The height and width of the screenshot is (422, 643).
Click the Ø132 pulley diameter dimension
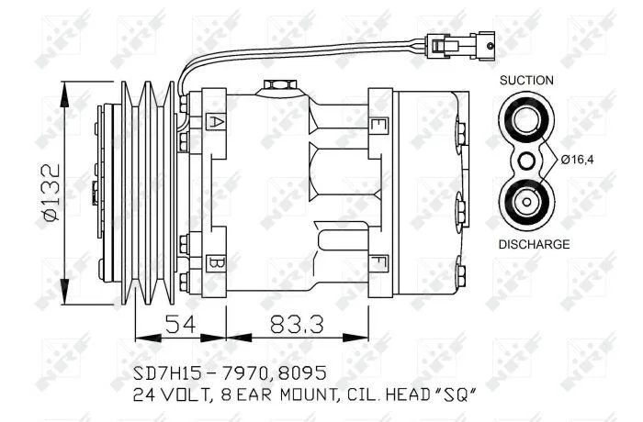pyautogui.click(x=52, y=193)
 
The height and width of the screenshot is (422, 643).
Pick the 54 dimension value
pyautogui.click(x=180, y=325)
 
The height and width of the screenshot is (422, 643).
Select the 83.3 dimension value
pyautogui.click(x=297, y=325)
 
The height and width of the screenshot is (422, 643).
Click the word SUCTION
pyautogui.click(x=526, y=81)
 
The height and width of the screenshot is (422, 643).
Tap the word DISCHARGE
pyautogui.click(x=534, y=244)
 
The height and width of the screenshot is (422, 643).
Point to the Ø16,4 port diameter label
pyautogui.click(x=578, y=160)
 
